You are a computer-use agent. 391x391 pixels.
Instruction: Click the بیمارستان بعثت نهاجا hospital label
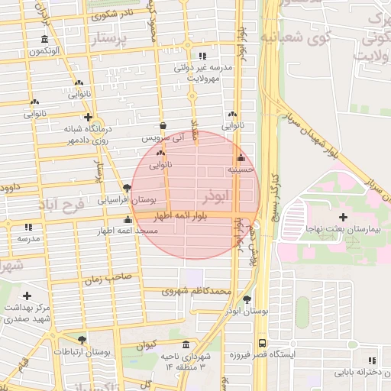351,229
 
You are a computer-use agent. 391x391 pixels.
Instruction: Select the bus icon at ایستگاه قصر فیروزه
262,343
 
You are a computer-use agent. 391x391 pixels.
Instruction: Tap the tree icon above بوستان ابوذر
246,299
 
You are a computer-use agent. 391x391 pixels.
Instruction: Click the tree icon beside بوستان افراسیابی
127,187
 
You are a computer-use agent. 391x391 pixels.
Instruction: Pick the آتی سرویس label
163,139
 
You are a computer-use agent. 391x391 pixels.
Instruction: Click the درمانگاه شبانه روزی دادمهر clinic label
73,135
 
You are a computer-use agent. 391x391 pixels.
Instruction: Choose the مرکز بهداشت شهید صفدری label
26,312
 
